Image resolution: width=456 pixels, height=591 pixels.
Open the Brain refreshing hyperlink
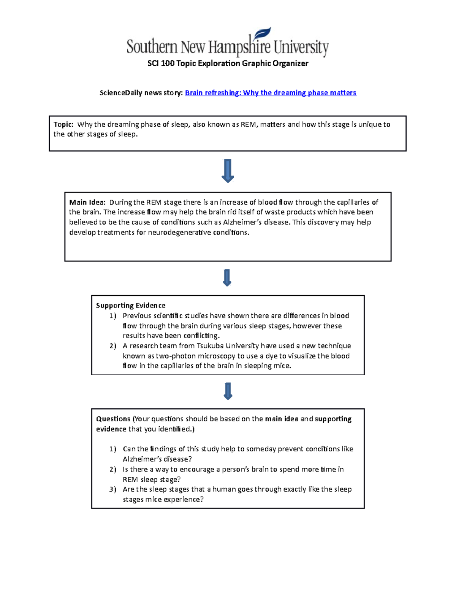pos(270,92)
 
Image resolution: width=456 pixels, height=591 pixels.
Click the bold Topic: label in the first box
pos(63,124)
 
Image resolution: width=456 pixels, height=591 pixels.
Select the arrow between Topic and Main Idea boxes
pos(228,170)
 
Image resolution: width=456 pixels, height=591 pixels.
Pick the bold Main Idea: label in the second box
pos(87,202)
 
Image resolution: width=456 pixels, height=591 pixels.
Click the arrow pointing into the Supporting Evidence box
pos(227,278)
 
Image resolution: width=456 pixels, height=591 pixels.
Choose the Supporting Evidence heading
pos(130,306)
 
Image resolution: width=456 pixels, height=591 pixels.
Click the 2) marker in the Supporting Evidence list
pos(112,346)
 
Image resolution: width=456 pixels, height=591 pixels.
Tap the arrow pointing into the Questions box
pos(228,391)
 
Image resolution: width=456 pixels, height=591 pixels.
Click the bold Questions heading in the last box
pos(113,419)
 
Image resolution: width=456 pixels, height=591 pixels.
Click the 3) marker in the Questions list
pos(112,489)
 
